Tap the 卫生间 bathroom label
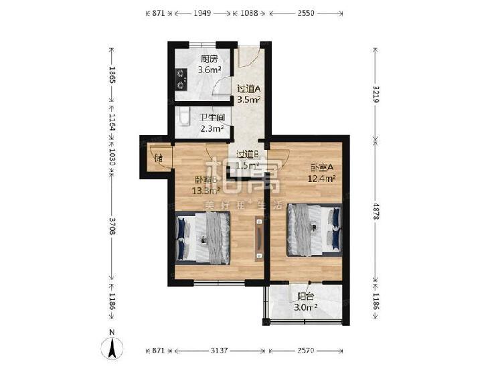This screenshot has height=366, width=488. (212, 118)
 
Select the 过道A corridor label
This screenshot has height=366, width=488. (248, 88)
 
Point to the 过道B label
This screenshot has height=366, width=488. (248, 154)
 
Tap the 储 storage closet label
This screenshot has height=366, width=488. (159, 159)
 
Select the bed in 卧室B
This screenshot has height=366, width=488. (202, 238)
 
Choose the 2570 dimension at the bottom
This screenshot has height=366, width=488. (306, 349)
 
